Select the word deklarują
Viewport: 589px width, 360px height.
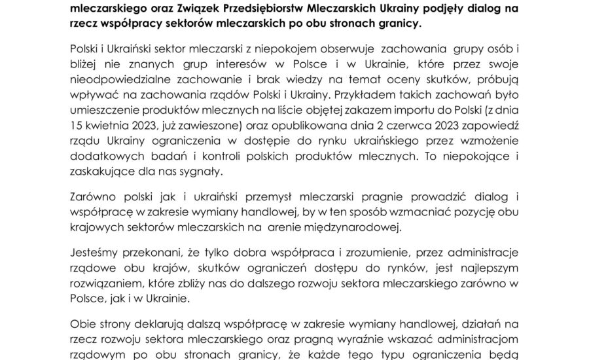[156, 323]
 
